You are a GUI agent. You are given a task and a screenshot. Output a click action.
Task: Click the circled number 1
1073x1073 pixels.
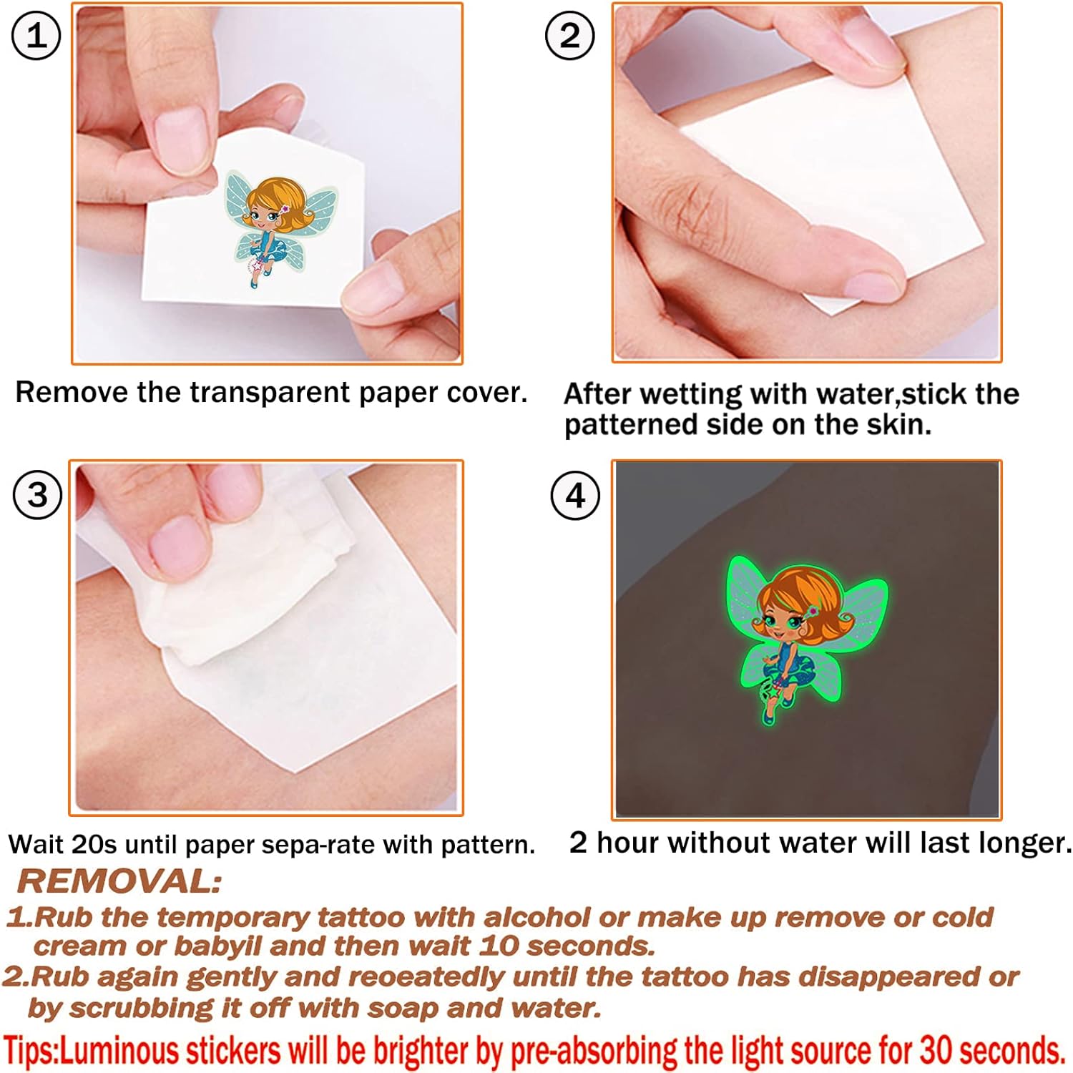[x=36, y=36]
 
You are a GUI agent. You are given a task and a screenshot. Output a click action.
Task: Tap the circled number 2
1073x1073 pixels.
[x=569, y=35]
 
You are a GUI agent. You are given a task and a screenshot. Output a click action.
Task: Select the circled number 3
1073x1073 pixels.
[x=38, y=495]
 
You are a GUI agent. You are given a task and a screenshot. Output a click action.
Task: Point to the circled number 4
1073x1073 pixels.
[x=575, y=495]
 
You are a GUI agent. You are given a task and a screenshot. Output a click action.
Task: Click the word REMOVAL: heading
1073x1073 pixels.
[x=119, y=881]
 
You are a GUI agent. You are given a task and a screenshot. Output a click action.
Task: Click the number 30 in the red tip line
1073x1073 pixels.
[x=936, y=1050]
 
